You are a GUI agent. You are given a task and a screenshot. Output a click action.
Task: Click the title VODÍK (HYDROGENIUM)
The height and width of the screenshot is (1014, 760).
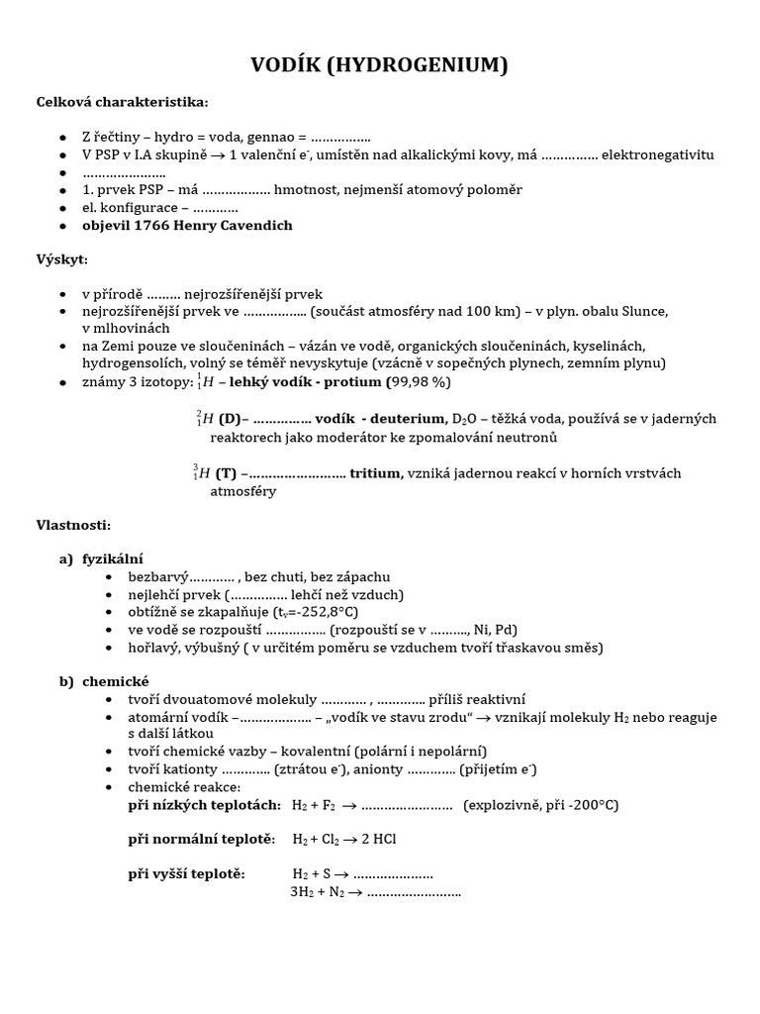click(379, 66)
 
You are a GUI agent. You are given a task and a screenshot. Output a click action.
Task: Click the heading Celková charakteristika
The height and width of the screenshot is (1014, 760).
click(123, 102)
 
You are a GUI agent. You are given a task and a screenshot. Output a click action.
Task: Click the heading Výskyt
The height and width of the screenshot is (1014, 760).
click(62, 259)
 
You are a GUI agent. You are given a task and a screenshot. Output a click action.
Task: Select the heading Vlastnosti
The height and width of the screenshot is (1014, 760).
click(74, 525)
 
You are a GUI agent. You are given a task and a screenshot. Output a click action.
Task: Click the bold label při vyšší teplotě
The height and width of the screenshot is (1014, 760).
click(187, 873)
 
